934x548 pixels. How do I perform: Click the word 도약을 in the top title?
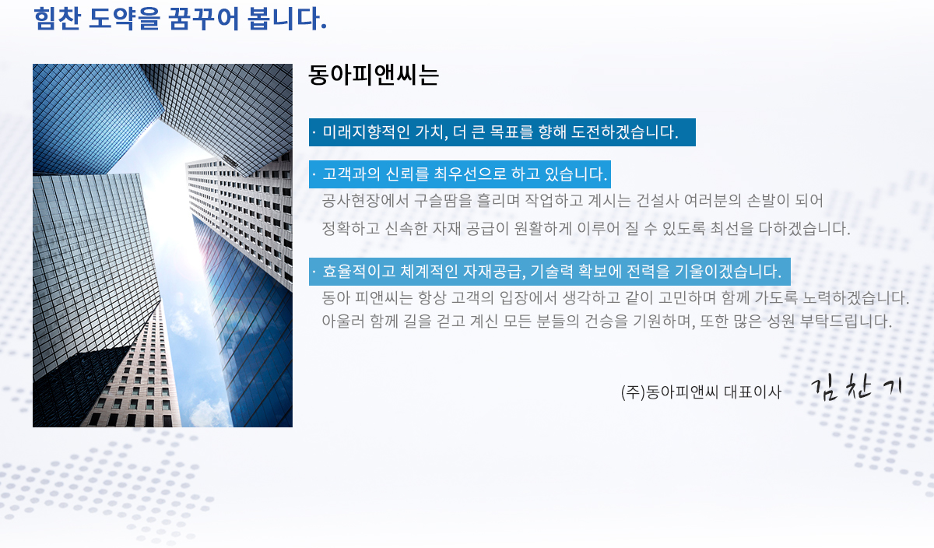(125, 19)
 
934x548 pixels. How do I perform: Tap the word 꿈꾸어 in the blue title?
(204, 19)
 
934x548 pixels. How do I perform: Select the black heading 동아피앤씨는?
(374, 75)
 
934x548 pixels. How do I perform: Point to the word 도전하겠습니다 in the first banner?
(624, 132)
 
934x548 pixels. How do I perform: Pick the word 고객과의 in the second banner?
(351, 174)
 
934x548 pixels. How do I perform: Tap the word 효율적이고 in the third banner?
(359, 272)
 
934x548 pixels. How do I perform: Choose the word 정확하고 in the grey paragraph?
(351, 228)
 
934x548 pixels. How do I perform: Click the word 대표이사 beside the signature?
(752, 392)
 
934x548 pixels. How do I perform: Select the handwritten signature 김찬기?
(856, 388)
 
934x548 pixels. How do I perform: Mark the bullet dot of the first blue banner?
(314, 132)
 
